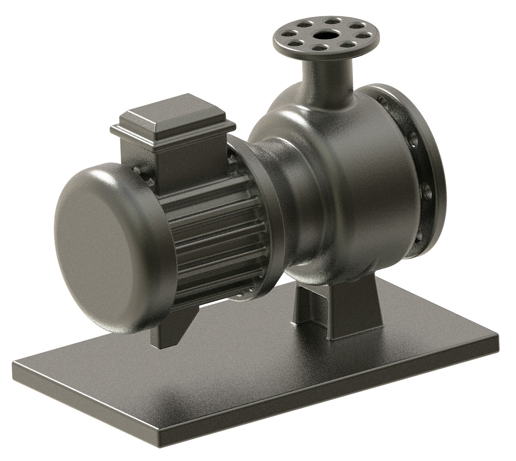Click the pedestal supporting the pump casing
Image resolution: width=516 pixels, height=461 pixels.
click(x=338, y=311)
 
